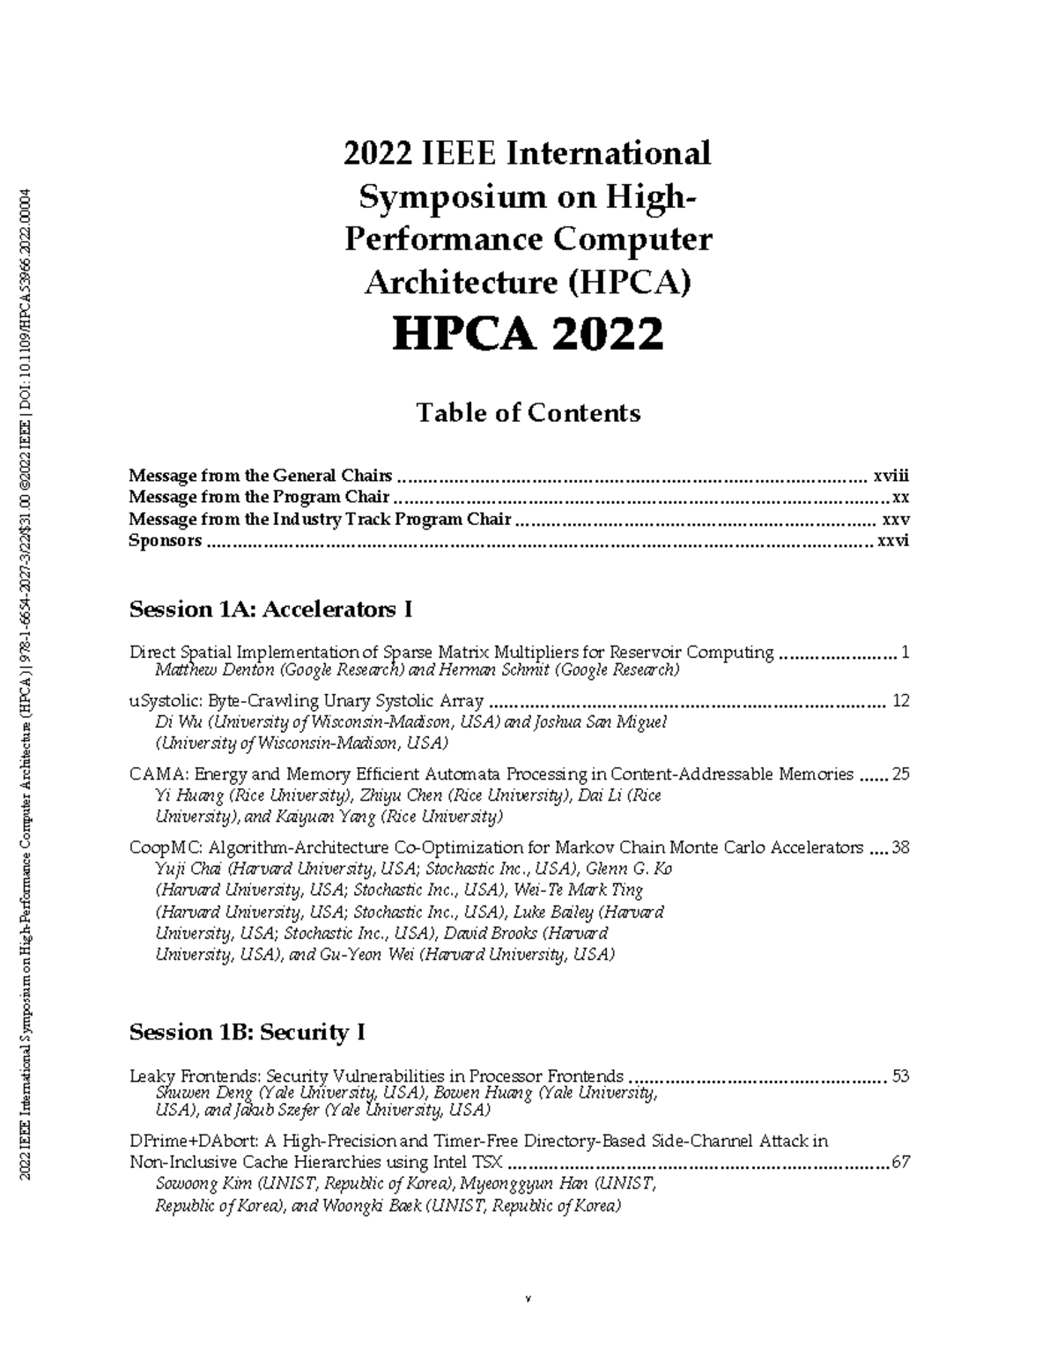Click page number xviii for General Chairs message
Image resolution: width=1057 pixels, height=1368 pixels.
pos(891,476)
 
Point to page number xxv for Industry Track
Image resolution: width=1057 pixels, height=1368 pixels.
pos(896,519)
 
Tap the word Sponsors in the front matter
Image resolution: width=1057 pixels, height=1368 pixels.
pos(165,541)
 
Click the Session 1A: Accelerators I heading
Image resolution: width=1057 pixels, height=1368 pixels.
pos(270,609)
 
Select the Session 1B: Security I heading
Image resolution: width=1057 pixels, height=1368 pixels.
pos(247,1032)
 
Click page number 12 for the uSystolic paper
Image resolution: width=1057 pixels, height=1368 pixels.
pos(900,701)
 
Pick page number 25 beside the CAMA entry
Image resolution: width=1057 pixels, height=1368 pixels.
pos(900,774)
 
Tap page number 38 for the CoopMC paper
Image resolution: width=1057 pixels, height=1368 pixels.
pos(900,847)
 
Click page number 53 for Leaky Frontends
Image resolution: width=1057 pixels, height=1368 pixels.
pos(900,1076)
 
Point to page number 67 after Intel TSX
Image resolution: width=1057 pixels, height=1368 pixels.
pos(900,1162)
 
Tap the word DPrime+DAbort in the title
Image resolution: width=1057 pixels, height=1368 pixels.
pos(186,1142)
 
